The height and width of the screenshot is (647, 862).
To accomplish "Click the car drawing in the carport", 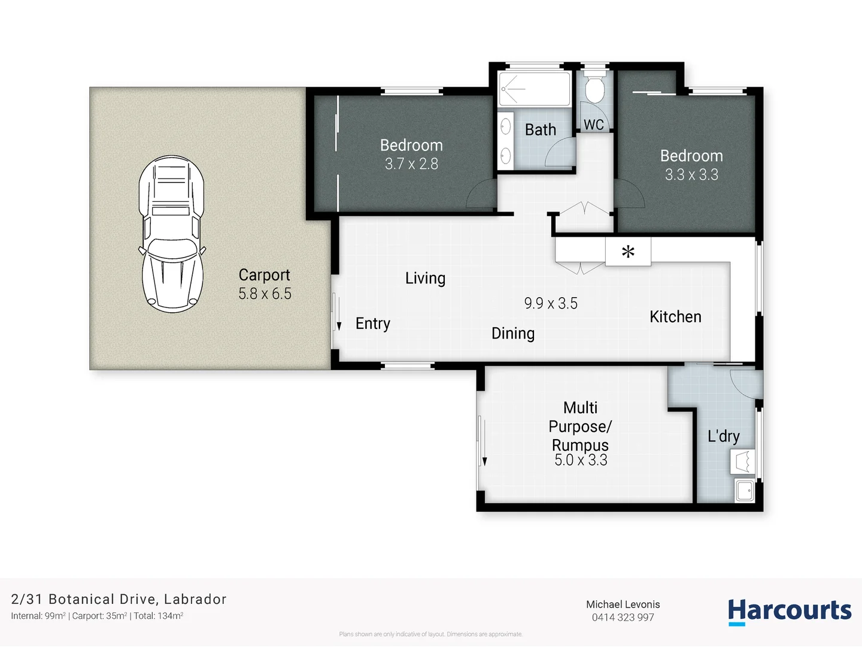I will (172, 234).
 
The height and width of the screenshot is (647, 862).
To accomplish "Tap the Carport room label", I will (264, 275).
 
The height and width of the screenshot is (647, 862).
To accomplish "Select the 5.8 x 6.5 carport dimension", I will (265, 294).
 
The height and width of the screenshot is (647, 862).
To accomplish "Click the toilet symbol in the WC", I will (594, 90).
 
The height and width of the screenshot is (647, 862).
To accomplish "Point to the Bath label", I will (540, 130).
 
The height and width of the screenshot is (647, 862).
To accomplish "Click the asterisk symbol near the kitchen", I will (627, 252).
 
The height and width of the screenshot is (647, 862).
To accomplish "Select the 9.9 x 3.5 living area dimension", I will (551, 304).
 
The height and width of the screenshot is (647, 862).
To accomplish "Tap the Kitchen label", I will (675, 317).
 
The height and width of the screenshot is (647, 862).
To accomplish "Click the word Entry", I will (372, 323).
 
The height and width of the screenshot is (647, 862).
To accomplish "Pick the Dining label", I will (513, 334).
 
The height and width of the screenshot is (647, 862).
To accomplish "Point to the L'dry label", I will (723, 436).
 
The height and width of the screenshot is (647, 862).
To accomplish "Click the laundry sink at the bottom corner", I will (745, 491).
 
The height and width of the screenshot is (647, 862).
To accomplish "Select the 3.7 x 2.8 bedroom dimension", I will (411, 164).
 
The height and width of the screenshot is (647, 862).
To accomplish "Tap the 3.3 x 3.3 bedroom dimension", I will (691, 175).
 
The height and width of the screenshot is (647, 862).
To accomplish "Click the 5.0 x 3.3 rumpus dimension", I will (581, 460).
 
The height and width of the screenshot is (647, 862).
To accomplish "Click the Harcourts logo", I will (789, 611).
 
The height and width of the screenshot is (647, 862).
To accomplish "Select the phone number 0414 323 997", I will (623, 618).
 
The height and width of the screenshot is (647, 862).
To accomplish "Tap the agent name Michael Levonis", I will (623, 604).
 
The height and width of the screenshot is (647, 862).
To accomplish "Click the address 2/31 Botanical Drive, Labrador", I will (119, 599).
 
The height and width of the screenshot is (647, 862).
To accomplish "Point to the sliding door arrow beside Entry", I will (339, 324).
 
